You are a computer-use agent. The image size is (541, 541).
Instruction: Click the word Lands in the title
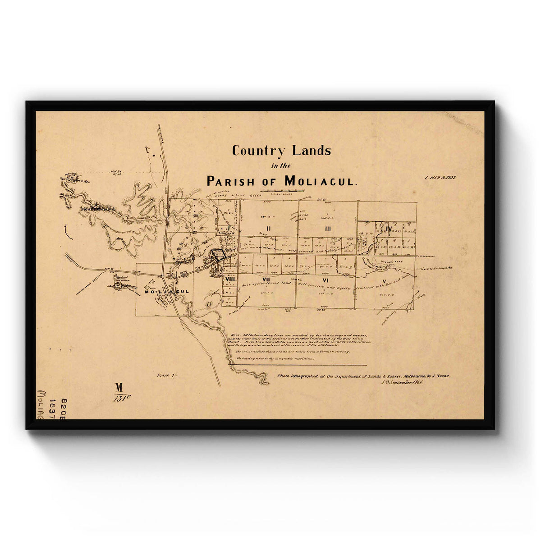coord(311,150)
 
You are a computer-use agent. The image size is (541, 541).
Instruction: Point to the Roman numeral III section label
coord(328,229)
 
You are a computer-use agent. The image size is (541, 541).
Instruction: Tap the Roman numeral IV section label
coord(389,229)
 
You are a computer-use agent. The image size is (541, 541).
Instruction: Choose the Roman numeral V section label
coord(384,282)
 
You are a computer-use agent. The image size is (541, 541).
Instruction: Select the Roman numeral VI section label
coord(325,280)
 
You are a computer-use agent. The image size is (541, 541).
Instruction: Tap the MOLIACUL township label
coord(166,292)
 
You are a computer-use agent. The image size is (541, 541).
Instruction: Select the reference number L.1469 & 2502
coord(440,178)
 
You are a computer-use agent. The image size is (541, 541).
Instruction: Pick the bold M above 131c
coord(119,387)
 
